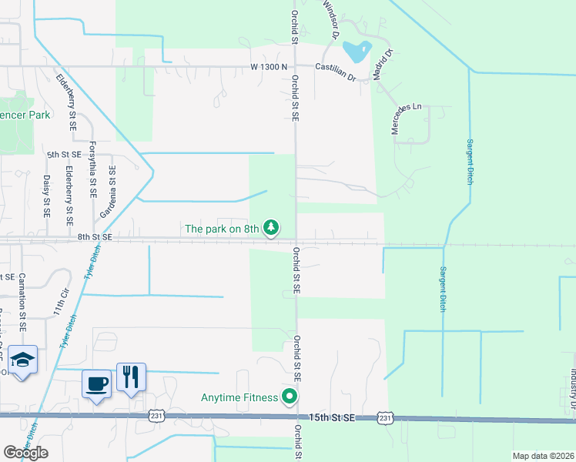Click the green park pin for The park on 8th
tap(270, 228)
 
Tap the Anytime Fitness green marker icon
tap(290, 397)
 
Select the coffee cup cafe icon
tap(97, 383)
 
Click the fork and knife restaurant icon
tap(130, 377)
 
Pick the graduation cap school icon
tap(23, 360)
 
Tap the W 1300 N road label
tap(269, 67)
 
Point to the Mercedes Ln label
tap(406, 117)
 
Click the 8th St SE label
tap(95, 239)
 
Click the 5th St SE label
tap(63, 155)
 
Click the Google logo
tap(25, 453)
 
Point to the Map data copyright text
tap(543, 456)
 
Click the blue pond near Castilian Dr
tap(357, 51)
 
